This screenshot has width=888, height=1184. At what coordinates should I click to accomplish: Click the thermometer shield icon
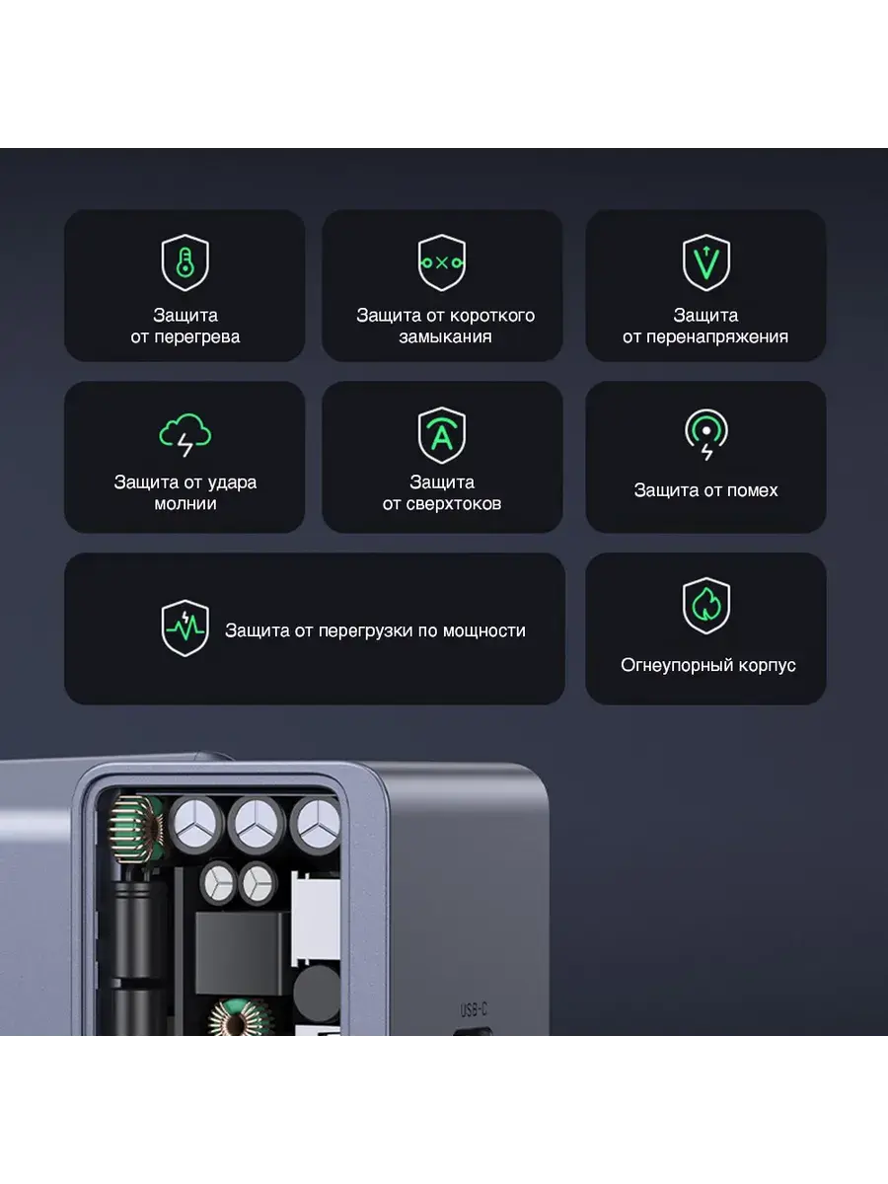pos(185,262)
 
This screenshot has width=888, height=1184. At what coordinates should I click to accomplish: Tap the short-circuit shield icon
pos(442,262)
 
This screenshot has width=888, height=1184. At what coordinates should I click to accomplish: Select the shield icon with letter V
pos(705,262)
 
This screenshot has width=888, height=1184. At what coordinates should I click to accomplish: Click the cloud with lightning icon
pos(185,435)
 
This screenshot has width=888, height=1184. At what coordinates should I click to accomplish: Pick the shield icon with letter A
pos(442,435)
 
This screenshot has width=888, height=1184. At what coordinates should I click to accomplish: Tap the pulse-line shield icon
pos(185,628)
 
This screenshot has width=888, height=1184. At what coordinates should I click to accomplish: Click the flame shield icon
pos(706,606)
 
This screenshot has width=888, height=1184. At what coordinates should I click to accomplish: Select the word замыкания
pos(445,337)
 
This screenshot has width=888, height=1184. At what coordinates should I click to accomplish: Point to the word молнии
pos(185,504)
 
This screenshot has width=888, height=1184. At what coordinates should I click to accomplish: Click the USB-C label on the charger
pos(474,1009)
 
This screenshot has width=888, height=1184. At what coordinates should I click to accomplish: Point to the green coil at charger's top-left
pos(136,828)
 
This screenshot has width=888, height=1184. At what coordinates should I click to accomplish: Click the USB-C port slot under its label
pos(473,1031)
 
